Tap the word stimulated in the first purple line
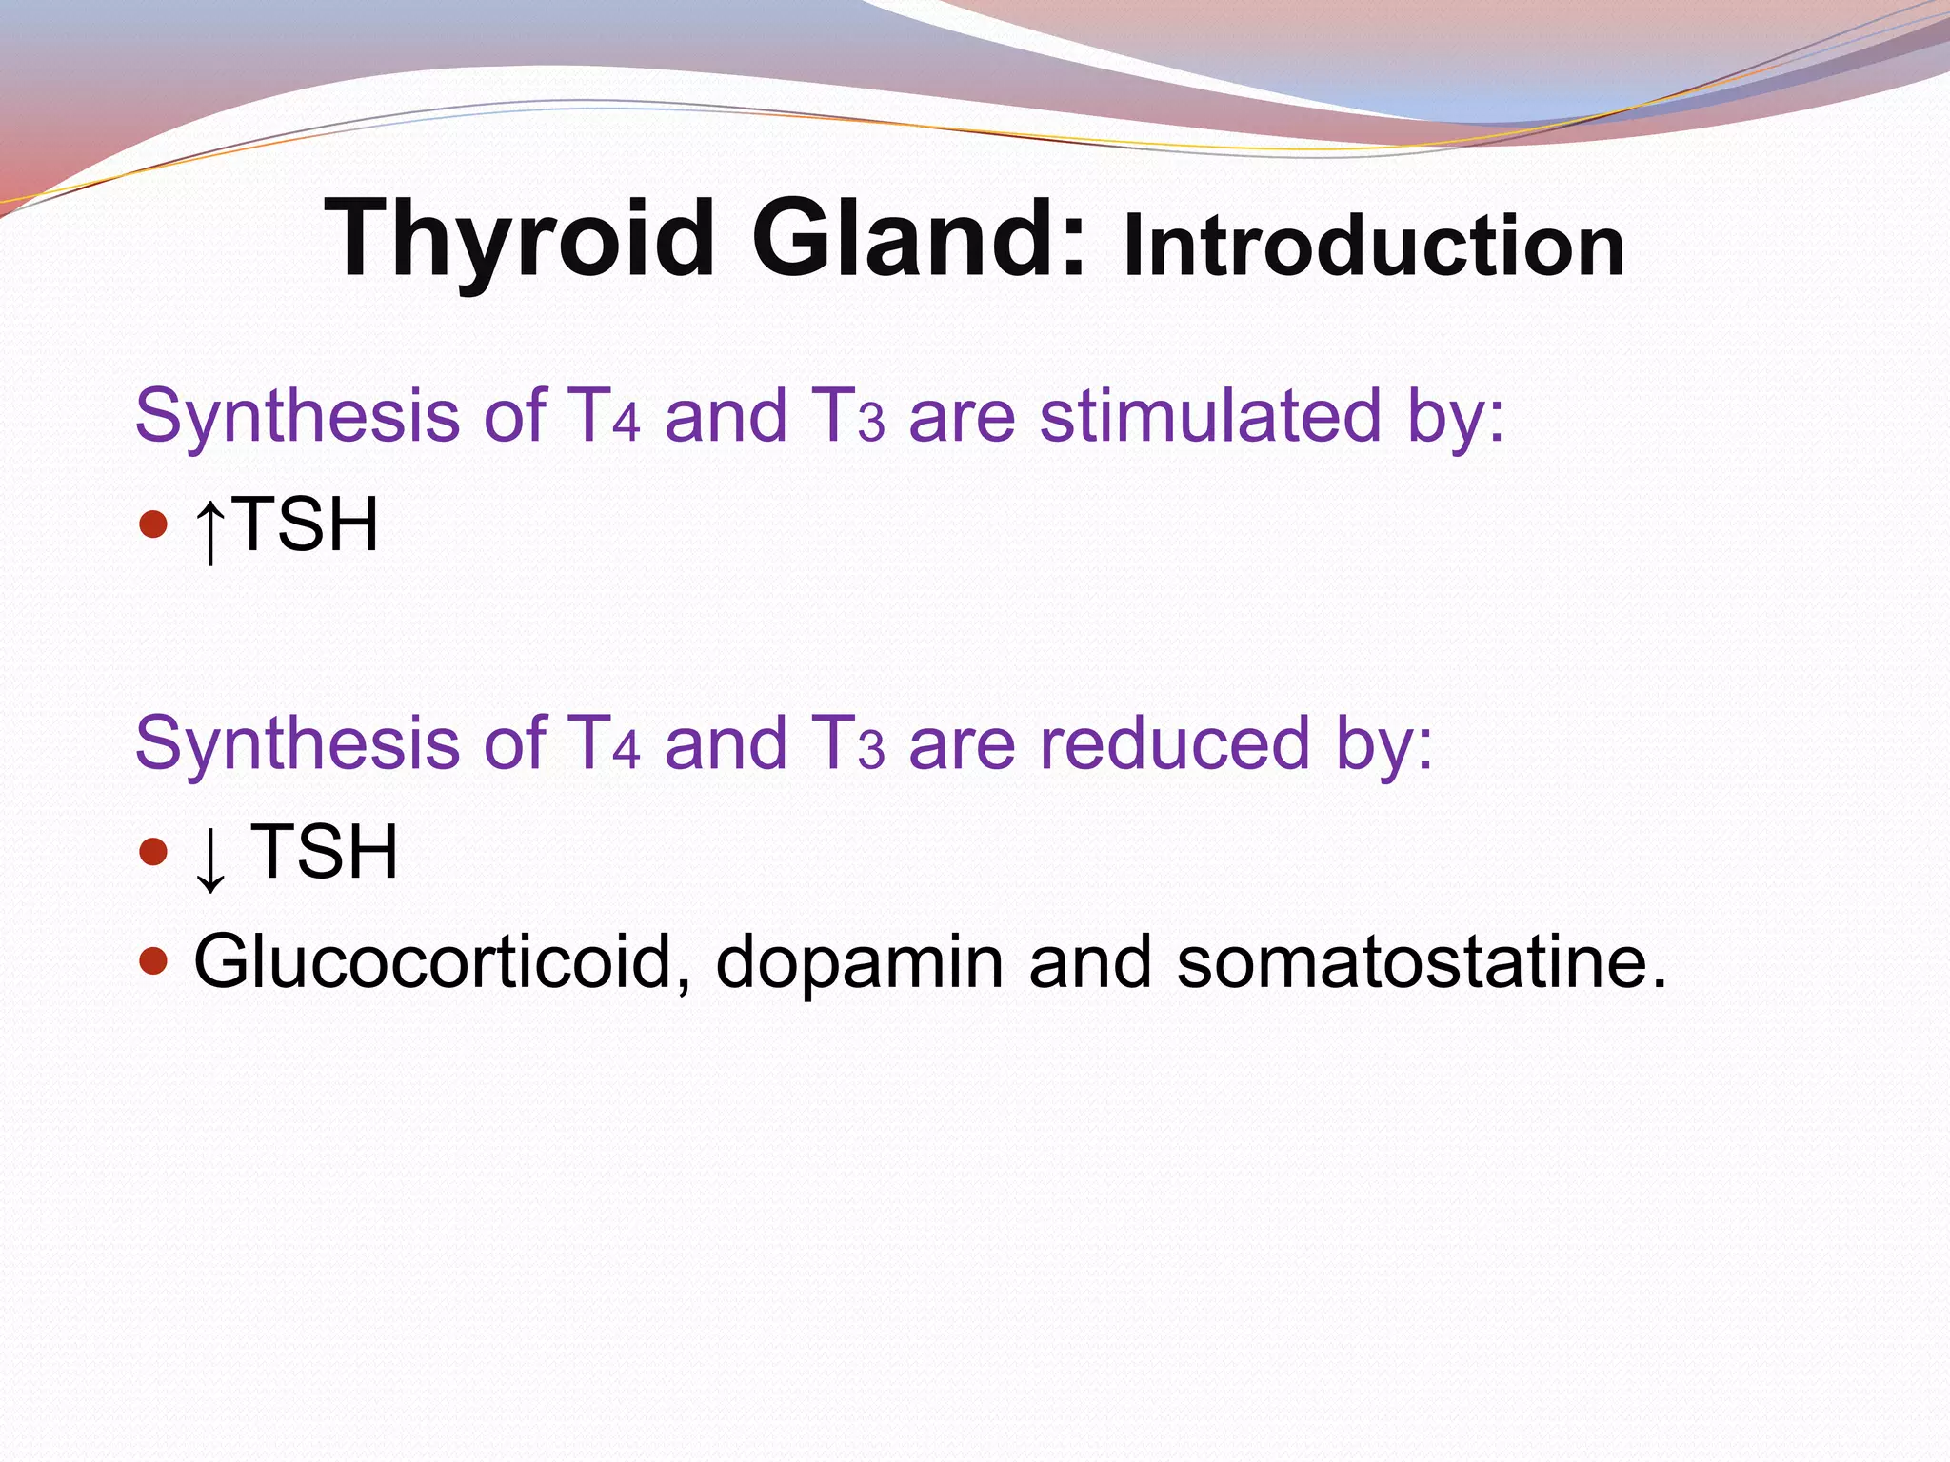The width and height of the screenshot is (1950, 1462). click(1210, 416)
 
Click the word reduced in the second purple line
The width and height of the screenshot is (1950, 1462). click(1175, 743)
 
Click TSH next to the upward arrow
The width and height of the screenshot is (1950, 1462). click(307, 524)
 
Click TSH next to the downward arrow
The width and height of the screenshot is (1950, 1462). click(324, 851)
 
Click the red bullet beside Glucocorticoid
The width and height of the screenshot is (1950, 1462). click(152, 960)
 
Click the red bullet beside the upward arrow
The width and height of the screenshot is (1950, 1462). click(152, 524)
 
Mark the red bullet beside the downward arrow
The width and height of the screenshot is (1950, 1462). click(152, 850)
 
